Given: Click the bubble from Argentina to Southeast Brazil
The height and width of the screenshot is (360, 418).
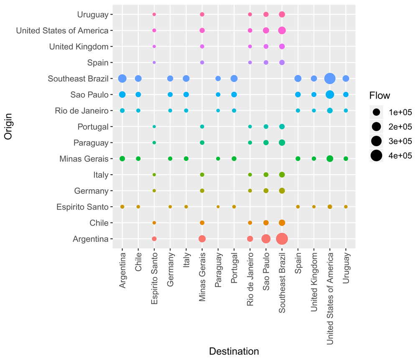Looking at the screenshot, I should point(282,239).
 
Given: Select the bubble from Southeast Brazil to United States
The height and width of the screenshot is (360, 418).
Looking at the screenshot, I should point(330,79).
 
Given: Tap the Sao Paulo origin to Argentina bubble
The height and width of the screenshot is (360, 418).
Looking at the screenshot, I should point(122,94).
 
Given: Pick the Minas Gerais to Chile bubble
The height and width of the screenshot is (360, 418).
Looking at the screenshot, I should point(138,159).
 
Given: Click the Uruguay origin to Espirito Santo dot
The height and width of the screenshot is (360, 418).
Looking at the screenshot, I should point(154,15).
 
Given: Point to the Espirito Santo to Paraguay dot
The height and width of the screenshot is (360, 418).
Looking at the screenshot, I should point(218,207).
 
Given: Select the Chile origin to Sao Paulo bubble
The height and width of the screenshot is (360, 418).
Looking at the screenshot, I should point(266,223).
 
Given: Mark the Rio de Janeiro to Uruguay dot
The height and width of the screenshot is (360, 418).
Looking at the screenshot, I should point(346,111).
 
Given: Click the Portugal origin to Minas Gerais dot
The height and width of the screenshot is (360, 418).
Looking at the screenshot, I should point(202,127).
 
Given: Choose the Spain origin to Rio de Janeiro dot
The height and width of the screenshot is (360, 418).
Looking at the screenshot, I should point(250,63).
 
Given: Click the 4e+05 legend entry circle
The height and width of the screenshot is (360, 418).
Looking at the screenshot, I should point(377,156).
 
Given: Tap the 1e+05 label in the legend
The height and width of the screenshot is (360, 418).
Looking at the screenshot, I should point(400,112).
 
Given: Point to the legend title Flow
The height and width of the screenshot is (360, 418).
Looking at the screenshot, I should point(380,96).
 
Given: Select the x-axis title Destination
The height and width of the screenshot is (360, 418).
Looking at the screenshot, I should point(234,351).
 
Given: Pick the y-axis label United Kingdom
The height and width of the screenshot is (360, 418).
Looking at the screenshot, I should point(79,47).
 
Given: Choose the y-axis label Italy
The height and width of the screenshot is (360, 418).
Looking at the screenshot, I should point(101,175).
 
